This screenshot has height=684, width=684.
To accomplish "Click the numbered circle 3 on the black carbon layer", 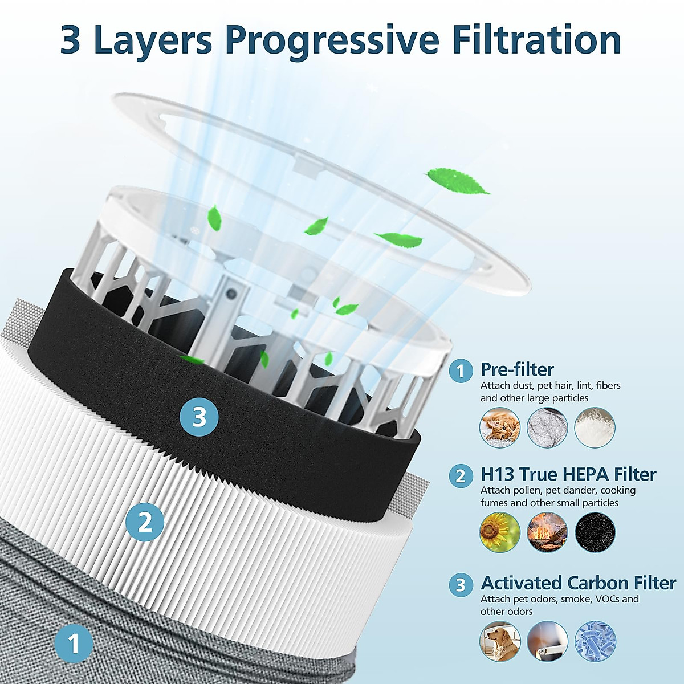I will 199,417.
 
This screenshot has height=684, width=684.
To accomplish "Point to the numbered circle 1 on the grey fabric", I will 74,645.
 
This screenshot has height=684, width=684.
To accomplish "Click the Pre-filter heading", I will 517,369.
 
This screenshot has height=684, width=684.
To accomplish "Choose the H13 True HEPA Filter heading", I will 568,474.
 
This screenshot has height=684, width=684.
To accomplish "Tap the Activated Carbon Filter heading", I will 578,583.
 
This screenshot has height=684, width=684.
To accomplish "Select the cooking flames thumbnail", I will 548,532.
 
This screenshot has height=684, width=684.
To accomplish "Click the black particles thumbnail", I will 595,532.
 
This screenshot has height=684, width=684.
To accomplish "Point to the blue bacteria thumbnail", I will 595,641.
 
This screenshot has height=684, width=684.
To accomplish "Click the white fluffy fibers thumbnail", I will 595,427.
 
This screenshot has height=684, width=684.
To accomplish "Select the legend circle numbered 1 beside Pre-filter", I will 461,371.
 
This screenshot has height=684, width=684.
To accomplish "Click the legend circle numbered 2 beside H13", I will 461,475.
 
